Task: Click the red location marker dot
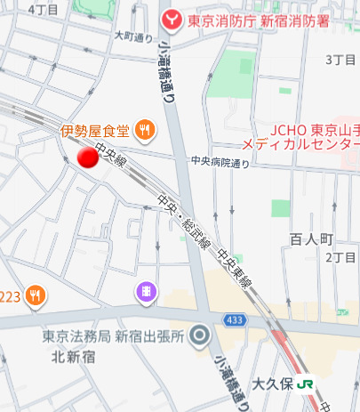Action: pos(87,158)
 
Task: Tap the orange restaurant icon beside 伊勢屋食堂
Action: pos(146,132)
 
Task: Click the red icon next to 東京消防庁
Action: pos(168,18)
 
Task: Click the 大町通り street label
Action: pos(135,36)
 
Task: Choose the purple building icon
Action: pos(144,291)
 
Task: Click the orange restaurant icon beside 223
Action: pos(35,295)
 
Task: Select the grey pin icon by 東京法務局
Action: pos(201,336)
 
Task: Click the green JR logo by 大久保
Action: pos(307,384)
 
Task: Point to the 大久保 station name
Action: pos(272,384)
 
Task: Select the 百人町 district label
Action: pos(310,238)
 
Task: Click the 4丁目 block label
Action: pos(43,8)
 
